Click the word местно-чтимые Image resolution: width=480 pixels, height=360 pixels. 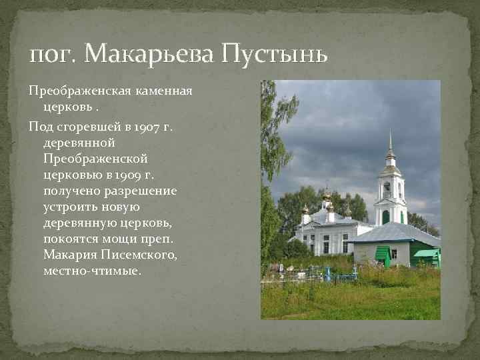point(93,271)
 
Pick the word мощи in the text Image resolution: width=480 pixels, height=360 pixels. point(133,239)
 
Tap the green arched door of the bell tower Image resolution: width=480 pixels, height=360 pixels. point(385,217)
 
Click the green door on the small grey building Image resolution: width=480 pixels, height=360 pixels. point(383,255)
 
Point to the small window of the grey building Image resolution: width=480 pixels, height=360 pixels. point(394,253)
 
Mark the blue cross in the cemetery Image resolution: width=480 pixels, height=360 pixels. point(327,273)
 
